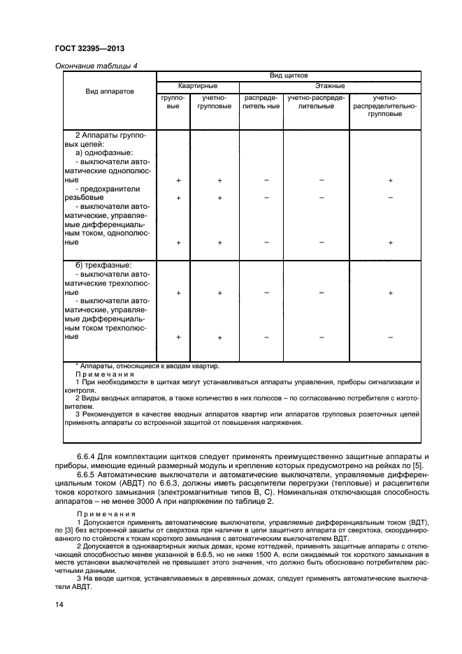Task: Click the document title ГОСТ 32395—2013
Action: click(85, 49)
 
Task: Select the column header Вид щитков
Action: click(289, 75)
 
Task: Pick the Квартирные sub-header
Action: click(198, 85)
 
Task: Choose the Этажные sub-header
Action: click(329, 85)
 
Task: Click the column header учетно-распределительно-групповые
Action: click(384, 106)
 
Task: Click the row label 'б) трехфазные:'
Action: click(104, 266)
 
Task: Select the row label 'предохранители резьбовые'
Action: click(105, 193)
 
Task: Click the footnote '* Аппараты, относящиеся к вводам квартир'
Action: click(147, 365)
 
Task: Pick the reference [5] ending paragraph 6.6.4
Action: click(414, 465)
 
